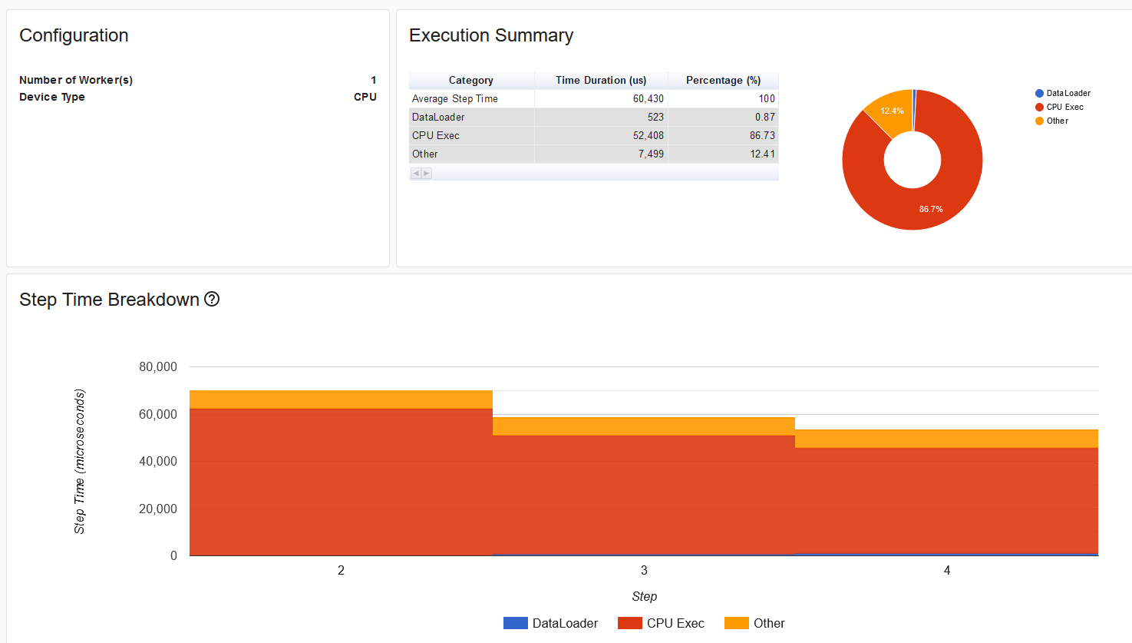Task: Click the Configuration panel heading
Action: point(74,35)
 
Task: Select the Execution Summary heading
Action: point(490,35)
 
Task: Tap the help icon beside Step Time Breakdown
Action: point(212,300)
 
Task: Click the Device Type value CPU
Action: point(365,97)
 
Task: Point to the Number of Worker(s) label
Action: point(76,80)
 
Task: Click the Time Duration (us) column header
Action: point(601,80)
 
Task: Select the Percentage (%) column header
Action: point(723,80)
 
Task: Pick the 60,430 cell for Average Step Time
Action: point(648,98)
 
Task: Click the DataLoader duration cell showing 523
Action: point(655,117)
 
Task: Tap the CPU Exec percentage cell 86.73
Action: point(762,135)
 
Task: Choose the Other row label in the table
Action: point(425,154)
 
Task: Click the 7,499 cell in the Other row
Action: point(651,154)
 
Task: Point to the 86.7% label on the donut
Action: point(931,209)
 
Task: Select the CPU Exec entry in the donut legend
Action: point(1064,107)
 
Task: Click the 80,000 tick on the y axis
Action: point(158,367)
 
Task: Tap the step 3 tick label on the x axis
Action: point(644,570)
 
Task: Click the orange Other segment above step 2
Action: point(341,399)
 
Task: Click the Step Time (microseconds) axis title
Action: point(80,461)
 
